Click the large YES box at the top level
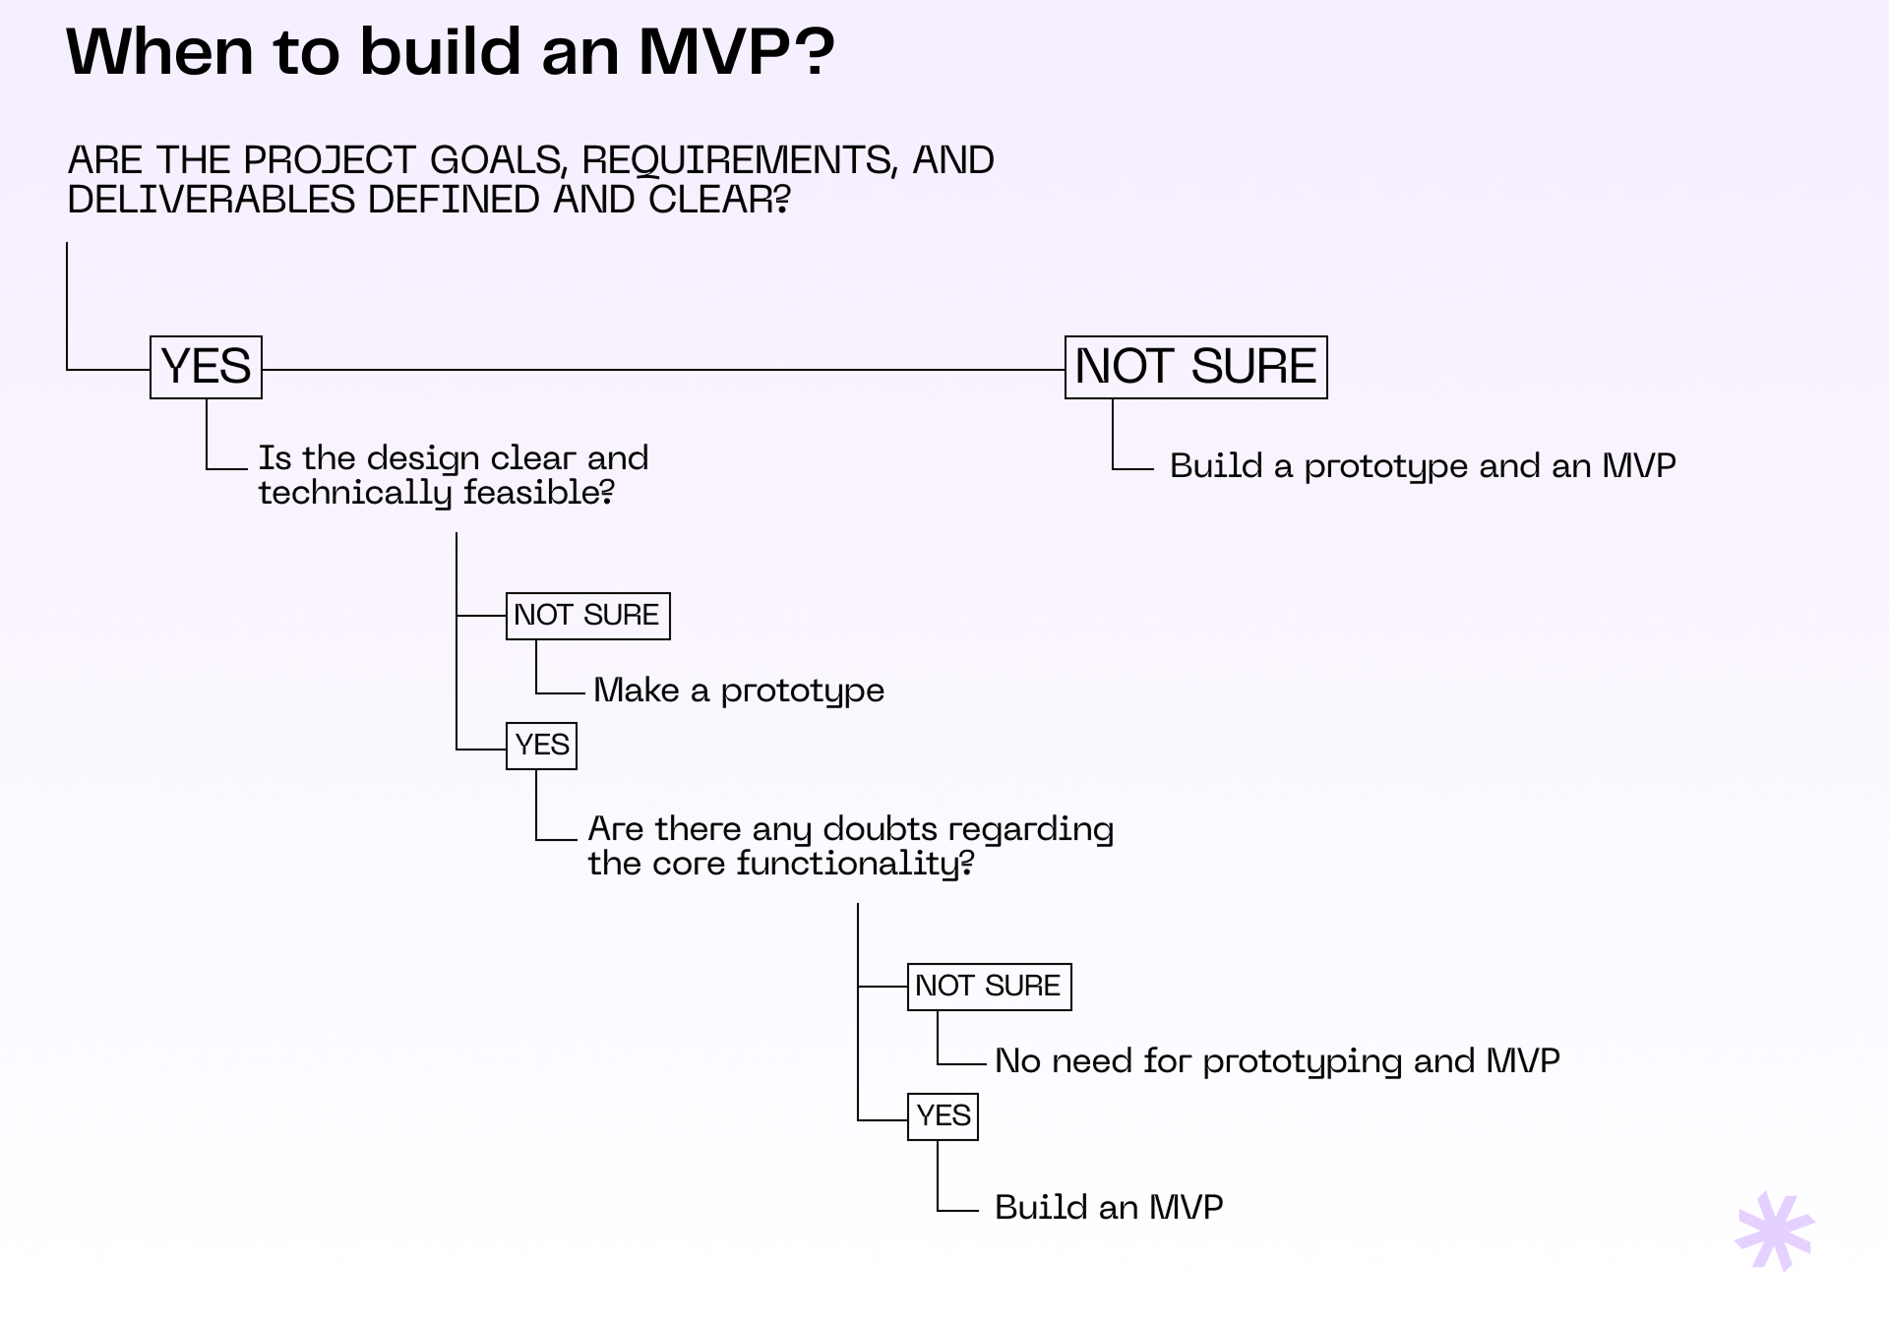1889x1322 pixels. (206, 367)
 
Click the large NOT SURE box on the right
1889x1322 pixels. (1195, 367)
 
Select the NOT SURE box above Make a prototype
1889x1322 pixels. (587, 616)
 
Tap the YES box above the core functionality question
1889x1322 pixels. (541, 746)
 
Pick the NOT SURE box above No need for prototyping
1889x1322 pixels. (989, 987)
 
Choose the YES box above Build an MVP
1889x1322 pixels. (943, 1116)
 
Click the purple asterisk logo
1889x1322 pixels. (1774, 1232)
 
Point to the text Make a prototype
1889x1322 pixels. (738, 691)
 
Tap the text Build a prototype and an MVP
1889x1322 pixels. (1422, 466)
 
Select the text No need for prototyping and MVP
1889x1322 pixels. (1276, 1061)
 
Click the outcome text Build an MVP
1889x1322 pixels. (1108, 1208)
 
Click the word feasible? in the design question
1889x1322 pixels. (538, 493)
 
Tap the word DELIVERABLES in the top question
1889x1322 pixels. (211, 200)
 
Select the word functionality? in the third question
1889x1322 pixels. (854, 864)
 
